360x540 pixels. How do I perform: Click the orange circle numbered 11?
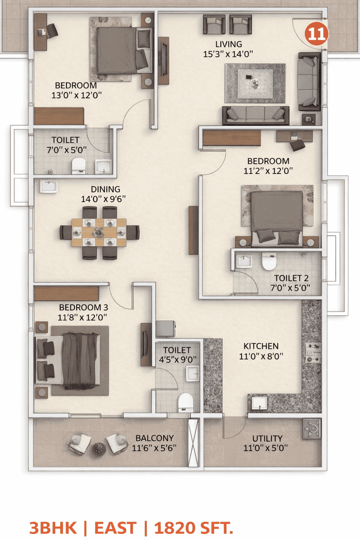point(316,33)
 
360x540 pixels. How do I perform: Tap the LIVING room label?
point(229,44)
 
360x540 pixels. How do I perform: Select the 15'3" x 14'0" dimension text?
point(228,54)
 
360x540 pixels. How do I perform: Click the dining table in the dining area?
point(99,232)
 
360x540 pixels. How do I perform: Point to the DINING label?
point(105,189)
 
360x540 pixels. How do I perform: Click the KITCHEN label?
point(261,346)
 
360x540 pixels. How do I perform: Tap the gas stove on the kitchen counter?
point(313,353)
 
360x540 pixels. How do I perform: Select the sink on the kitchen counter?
point(259,403)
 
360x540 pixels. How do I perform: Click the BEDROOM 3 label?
point(83,308)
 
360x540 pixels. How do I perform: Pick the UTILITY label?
point(268,438)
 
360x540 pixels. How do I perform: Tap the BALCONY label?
point(155,438)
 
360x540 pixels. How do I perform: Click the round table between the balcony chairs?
point(99,449)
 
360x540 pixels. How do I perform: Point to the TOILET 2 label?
point(291,278)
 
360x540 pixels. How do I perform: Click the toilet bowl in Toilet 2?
point(269,261)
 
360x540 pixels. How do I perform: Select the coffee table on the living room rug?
point(255,84)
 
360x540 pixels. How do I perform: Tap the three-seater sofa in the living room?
point(256,115)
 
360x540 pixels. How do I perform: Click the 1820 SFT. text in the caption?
point(194,528)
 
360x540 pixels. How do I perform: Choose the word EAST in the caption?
point(115,528)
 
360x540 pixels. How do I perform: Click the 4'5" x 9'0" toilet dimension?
point(178,360)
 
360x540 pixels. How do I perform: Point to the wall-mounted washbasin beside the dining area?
point(49,187)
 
